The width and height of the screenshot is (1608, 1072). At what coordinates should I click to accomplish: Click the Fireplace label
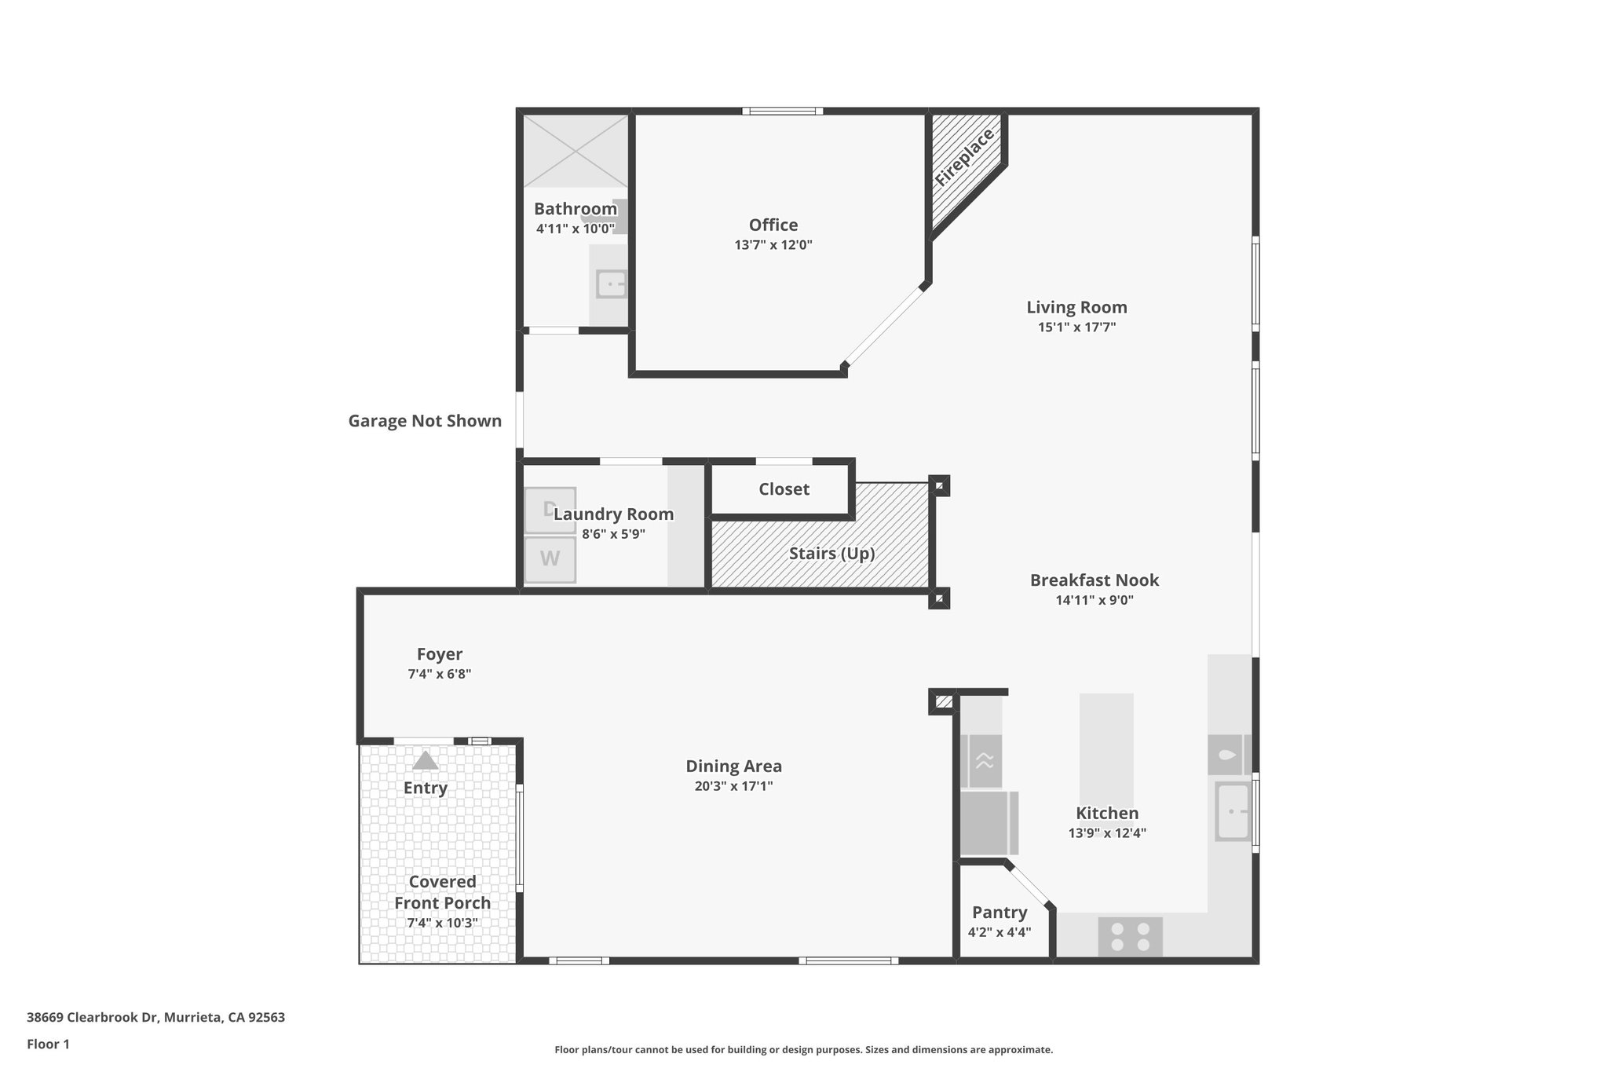965,158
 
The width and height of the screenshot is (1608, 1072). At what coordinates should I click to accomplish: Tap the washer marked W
550,559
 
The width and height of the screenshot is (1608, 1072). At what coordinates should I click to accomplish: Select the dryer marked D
550,510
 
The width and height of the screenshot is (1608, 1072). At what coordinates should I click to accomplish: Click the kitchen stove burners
1130,936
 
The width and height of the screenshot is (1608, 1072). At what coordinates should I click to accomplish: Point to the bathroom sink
611,284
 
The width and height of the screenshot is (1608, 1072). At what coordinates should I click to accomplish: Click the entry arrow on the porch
426,760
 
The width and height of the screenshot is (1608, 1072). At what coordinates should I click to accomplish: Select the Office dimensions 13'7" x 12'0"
773,245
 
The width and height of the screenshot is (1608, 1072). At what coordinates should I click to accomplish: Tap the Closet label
784,489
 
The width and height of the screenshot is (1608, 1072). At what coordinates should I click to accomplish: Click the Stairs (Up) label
831,554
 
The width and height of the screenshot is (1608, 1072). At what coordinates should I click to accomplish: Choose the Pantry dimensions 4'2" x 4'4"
999,932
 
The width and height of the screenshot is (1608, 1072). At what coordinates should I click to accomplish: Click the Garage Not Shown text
425,421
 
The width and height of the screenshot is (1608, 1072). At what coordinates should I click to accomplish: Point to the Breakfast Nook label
1094,580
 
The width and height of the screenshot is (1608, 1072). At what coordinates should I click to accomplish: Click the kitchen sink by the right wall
1233,811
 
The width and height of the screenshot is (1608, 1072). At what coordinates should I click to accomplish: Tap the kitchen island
1105,746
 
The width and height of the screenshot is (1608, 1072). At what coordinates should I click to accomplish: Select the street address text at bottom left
155,1018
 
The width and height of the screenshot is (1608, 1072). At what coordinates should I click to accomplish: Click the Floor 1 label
48,1045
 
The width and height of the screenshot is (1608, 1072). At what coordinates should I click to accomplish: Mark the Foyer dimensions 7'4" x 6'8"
439,674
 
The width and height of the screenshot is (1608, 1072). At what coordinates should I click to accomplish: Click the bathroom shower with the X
576,151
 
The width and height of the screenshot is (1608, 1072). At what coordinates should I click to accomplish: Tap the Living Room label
1076,308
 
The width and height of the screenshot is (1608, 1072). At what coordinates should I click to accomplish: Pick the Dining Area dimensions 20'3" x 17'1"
733,786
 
